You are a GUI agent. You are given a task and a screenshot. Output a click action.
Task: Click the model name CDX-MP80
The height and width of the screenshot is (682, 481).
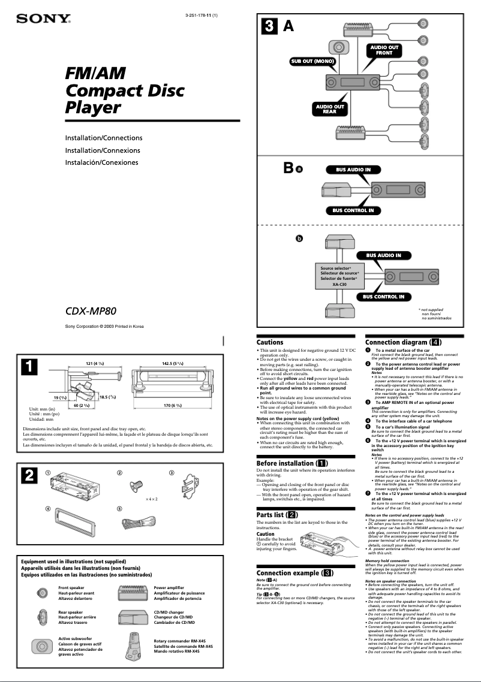[x=91, y=311]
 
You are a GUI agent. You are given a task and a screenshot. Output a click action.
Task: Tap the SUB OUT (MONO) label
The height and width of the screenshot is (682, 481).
[x=312, y=61]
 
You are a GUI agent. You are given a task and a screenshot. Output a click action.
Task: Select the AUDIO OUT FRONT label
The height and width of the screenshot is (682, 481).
[x=384, y=50]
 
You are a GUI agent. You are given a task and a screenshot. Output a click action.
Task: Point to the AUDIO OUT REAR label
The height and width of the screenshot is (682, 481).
[x=330, y=108]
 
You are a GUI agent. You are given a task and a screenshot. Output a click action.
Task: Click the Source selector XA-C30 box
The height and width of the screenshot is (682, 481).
[x=339, y=276]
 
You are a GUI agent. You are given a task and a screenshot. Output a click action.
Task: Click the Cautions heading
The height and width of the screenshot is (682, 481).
[x=270, y=342]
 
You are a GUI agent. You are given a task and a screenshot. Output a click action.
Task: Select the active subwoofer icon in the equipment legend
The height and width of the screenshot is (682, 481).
[x=41, y=646]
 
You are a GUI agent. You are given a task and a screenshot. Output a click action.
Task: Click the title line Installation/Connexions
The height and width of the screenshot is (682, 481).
[x=103, y=150]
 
